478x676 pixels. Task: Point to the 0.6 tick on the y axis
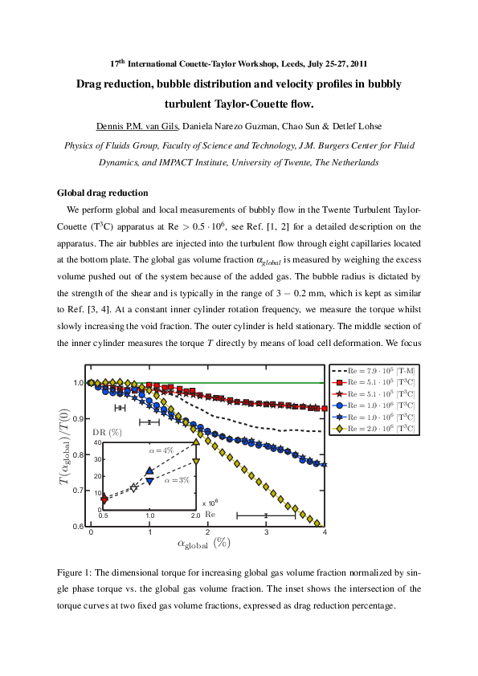click(78, 526)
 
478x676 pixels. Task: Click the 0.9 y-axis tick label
click(78, 418)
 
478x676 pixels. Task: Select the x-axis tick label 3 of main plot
click(266, 533)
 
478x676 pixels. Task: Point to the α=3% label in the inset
click(177, 480)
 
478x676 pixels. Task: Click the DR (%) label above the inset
click(105, 433)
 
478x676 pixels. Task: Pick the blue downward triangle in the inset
click(149, 479)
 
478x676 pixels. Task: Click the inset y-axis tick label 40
click(96, 442)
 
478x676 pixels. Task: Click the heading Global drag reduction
click(104, 193)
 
